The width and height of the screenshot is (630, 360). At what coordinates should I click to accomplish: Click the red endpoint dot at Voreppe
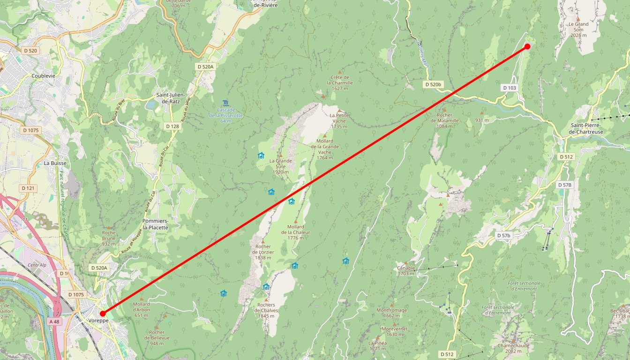[103, 314]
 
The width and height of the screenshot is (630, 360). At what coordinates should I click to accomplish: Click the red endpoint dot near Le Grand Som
[527, 46]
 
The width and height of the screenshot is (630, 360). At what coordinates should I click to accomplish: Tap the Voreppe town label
[98, 321]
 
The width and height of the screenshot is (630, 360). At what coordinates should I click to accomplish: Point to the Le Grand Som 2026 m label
[578, 29]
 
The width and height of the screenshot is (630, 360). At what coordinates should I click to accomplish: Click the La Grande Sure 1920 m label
[280, 166]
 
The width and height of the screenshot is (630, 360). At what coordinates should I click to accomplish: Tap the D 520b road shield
[433, 84]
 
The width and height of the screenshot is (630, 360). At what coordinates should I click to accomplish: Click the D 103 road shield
[510, 88]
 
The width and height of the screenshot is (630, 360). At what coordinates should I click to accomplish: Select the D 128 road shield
[172, 126]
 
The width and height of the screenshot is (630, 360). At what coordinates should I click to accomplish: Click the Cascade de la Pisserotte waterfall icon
[225, 103]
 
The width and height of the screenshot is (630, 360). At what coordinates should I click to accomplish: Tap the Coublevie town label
[44, 75]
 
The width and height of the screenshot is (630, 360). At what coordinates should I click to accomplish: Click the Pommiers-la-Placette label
[155, 224]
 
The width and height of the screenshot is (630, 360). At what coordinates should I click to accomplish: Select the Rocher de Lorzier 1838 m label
[263, 252]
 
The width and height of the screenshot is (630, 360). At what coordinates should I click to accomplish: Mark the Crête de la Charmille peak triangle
[340, 72]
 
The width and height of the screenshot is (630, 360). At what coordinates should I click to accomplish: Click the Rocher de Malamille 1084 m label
[444, 117]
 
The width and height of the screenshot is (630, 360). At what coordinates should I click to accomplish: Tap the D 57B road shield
[565, 185]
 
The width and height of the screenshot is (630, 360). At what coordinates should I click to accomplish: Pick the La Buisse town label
[55, 163]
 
